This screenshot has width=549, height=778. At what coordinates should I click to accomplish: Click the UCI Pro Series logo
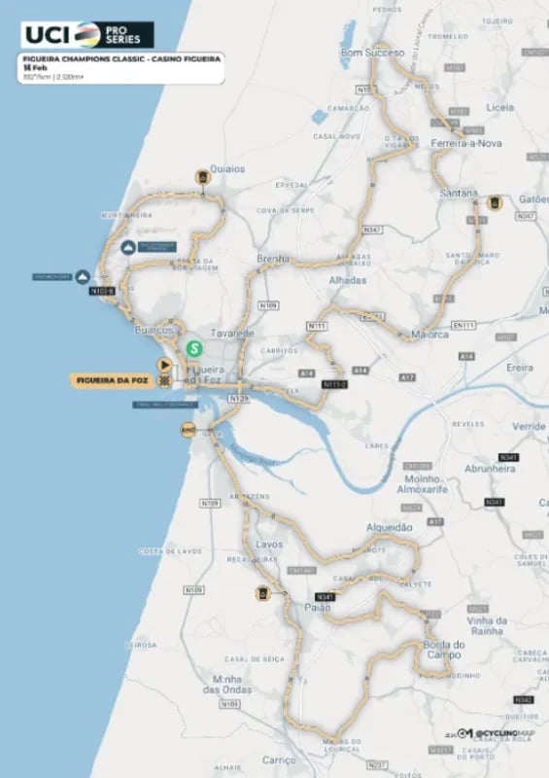[87, 34]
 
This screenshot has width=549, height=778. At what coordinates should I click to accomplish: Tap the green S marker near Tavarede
[194, 346]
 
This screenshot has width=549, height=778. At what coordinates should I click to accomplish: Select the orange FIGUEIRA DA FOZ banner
[112, 380]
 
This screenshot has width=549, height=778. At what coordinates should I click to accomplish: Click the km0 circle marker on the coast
[189, 429]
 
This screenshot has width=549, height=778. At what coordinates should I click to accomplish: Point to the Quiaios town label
[224, 168]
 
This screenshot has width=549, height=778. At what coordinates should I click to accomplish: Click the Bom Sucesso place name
[365, 53]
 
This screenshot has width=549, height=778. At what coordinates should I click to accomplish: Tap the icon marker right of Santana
[494, 202]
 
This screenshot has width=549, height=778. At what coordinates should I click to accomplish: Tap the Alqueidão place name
[389, 526]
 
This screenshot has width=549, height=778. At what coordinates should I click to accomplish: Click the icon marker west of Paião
[261, 593]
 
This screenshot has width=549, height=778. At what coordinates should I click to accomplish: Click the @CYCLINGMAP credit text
[505, 732]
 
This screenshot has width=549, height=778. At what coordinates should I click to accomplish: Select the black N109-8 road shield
[101, 290]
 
